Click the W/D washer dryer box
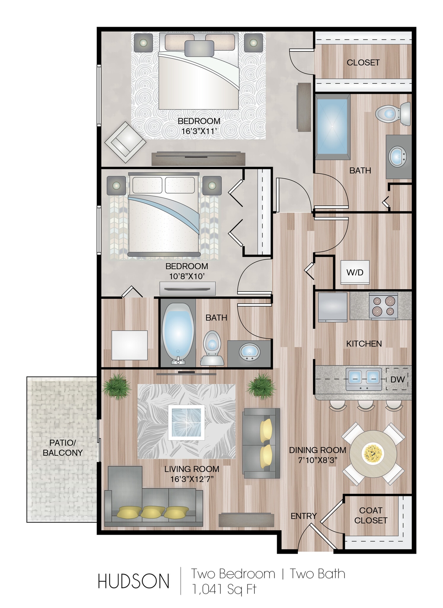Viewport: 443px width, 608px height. tap(355, 272)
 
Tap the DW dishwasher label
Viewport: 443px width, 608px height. tap(397, 379)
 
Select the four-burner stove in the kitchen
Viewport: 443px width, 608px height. tap(383, 306)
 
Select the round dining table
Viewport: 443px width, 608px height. tap(373, 454)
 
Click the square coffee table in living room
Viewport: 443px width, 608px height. tap(186, 422)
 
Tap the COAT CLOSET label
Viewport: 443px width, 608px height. tap(371, 515)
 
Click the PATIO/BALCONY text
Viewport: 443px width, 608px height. tap(63, 447)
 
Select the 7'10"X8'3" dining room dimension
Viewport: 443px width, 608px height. tap(318, 460)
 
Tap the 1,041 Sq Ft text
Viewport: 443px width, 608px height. tap(224, 589)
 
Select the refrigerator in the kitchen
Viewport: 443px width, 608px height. tap(332, 307)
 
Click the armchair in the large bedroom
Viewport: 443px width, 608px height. tap(125, 142)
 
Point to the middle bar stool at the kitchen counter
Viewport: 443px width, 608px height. tap(365, 405)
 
